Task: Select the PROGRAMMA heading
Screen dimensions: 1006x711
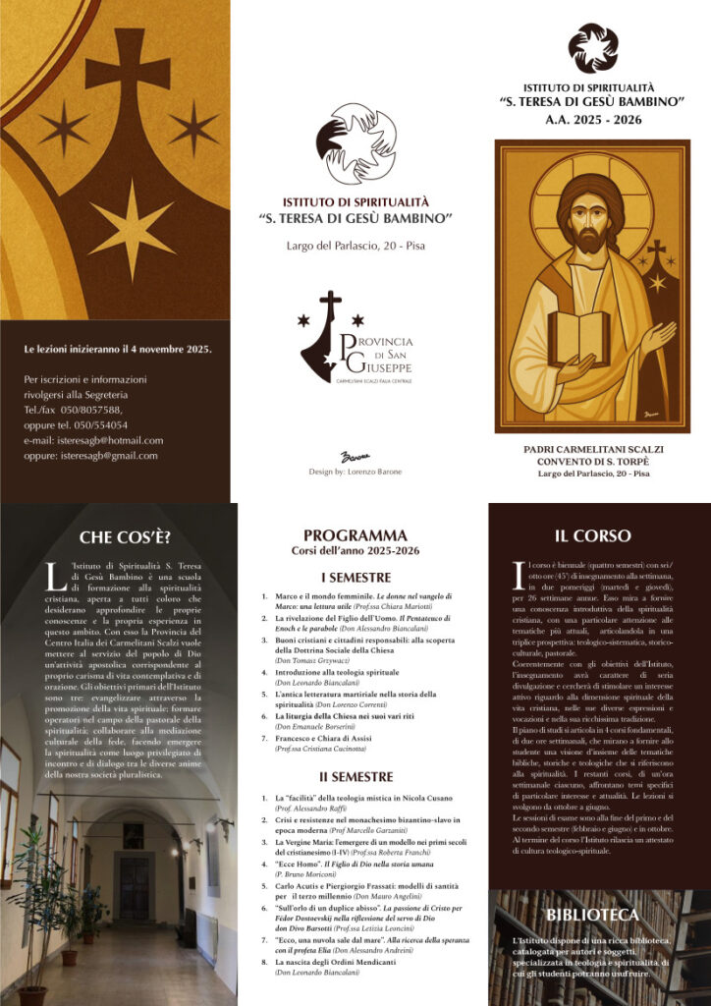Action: pyautogui.click(x=355, y=535)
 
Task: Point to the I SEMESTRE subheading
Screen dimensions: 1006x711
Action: pyautogui.click(x=355, y=577)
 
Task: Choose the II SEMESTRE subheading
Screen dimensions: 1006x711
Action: pyautogui.click(x=355, y=776)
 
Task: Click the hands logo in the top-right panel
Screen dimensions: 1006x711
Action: pyautogui.click(x=593, y=47)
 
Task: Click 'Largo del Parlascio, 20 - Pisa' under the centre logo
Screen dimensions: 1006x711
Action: pyautogui.click(x=355, y=244)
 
